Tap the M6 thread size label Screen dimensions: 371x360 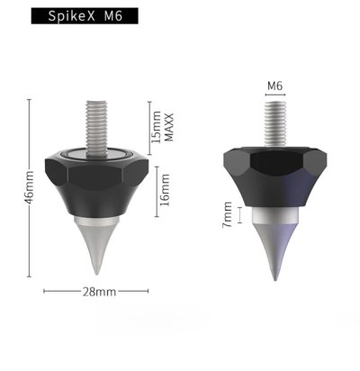tap(275, 86)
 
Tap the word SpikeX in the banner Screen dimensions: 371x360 tap(67, 17)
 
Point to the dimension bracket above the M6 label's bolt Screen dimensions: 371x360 tap(275, 97)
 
